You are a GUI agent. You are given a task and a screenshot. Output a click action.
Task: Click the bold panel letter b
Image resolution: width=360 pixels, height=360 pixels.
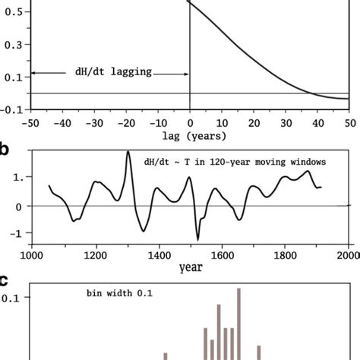[5, 148]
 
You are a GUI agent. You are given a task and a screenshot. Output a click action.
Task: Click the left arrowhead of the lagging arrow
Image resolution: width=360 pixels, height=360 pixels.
[33, 73]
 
